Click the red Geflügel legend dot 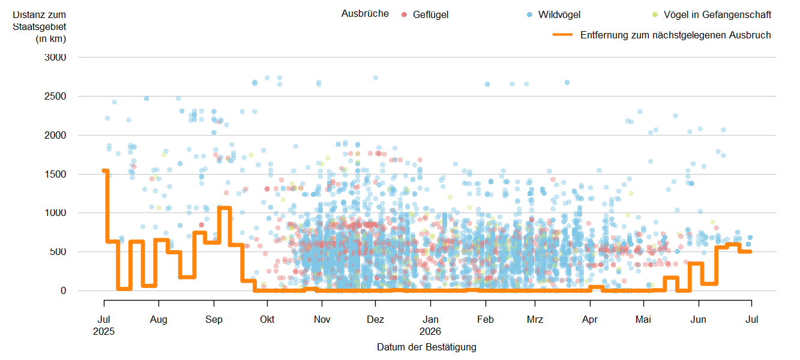click(405, 14)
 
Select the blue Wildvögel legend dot click(530, 14)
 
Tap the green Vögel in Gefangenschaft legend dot click(655, 14)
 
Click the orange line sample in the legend click(562, 35)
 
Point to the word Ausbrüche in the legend click(365, 14)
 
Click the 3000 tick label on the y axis click(55, 57)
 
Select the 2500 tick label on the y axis click(55, 96)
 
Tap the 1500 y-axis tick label click(55, 174)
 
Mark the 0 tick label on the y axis click(63, 291)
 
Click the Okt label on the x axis click(267, 319)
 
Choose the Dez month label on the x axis click(375, 319)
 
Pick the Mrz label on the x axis click(535, 319)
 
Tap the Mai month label click(643, 319)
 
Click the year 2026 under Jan click(430, 331)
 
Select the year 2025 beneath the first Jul click(104, 331)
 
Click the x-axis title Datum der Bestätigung click(427, 347)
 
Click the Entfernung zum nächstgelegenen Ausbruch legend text click(676, 35)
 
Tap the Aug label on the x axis click(158, 320)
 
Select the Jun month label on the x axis click(698, 319)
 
